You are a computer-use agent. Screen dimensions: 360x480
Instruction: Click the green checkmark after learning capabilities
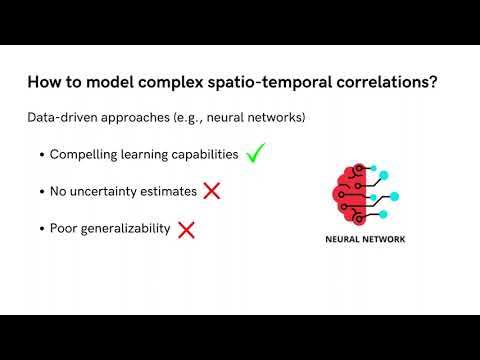point(255,153)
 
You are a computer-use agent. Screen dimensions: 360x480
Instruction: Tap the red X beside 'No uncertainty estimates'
point(211,190)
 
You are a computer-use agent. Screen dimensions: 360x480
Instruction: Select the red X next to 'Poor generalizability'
point(186,229)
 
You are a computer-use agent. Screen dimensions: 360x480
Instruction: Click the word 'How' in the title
point(43,82)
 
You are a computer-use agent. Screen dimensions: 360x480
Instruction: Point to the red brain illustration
point(350,191)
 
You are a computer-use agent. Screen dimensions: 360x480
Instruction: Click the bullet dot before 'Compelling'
point(41,155)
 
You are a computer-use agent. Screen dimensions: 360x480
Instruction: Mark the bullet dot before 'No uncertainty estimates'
point(41,192)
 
